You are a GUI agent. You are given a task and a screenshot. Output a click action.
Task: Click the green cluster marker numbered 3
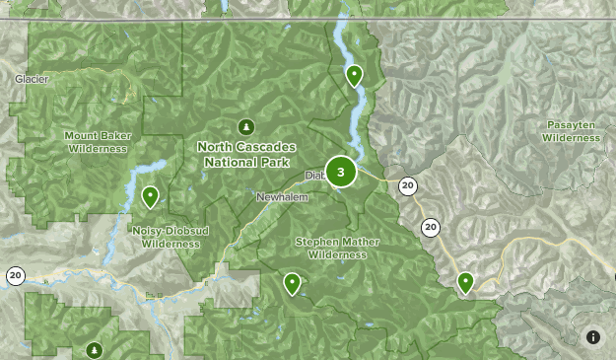(x=341, y=173)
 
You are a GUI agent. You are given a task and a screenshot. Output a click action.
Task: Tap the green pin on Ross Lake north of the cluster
(x=354, y=75)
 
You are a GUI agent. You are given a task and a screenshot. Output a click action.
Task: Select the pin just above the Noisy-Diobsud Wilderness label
(x=150, y=196)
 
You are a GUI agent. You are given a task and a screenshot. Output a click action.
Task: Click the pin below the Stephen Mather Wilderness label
(x=292, y=283)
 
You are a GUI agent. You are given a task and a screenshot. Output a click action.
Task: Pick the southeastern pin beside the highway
(x=465, y=282)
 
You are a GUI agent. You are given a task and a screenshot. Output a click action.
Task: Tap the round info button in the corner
(x=593, y=337)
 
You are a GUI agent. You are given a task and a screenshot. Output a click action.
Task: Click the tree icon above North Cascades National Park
(x=245, y=126)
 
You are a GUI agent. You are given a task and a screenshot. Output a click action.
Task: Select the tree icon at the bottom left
(x=95, y=349)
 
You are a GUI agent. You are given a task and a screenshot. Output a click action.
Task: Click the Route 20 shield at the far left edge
(x=15, y=275)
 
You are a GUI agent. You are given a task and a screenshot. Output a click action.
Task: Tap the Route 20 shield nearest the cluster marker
(x=407, y=185)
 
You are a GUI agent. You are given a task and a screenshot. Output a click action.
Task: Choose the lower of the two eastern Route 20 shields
(x=431, y=228)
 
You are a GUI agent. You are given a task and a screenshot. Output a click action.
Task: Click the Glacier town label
(x=32, y=79)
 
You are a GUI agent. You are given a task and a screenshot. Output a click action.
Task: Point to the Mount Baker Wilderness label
(x=98, y=142)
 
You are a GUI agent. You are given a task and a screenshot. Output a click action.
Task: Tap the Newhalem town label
(x=282, y=198)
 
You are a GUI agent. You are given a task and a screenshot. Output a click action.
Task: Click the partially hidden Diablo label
(x=314, y=177)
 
